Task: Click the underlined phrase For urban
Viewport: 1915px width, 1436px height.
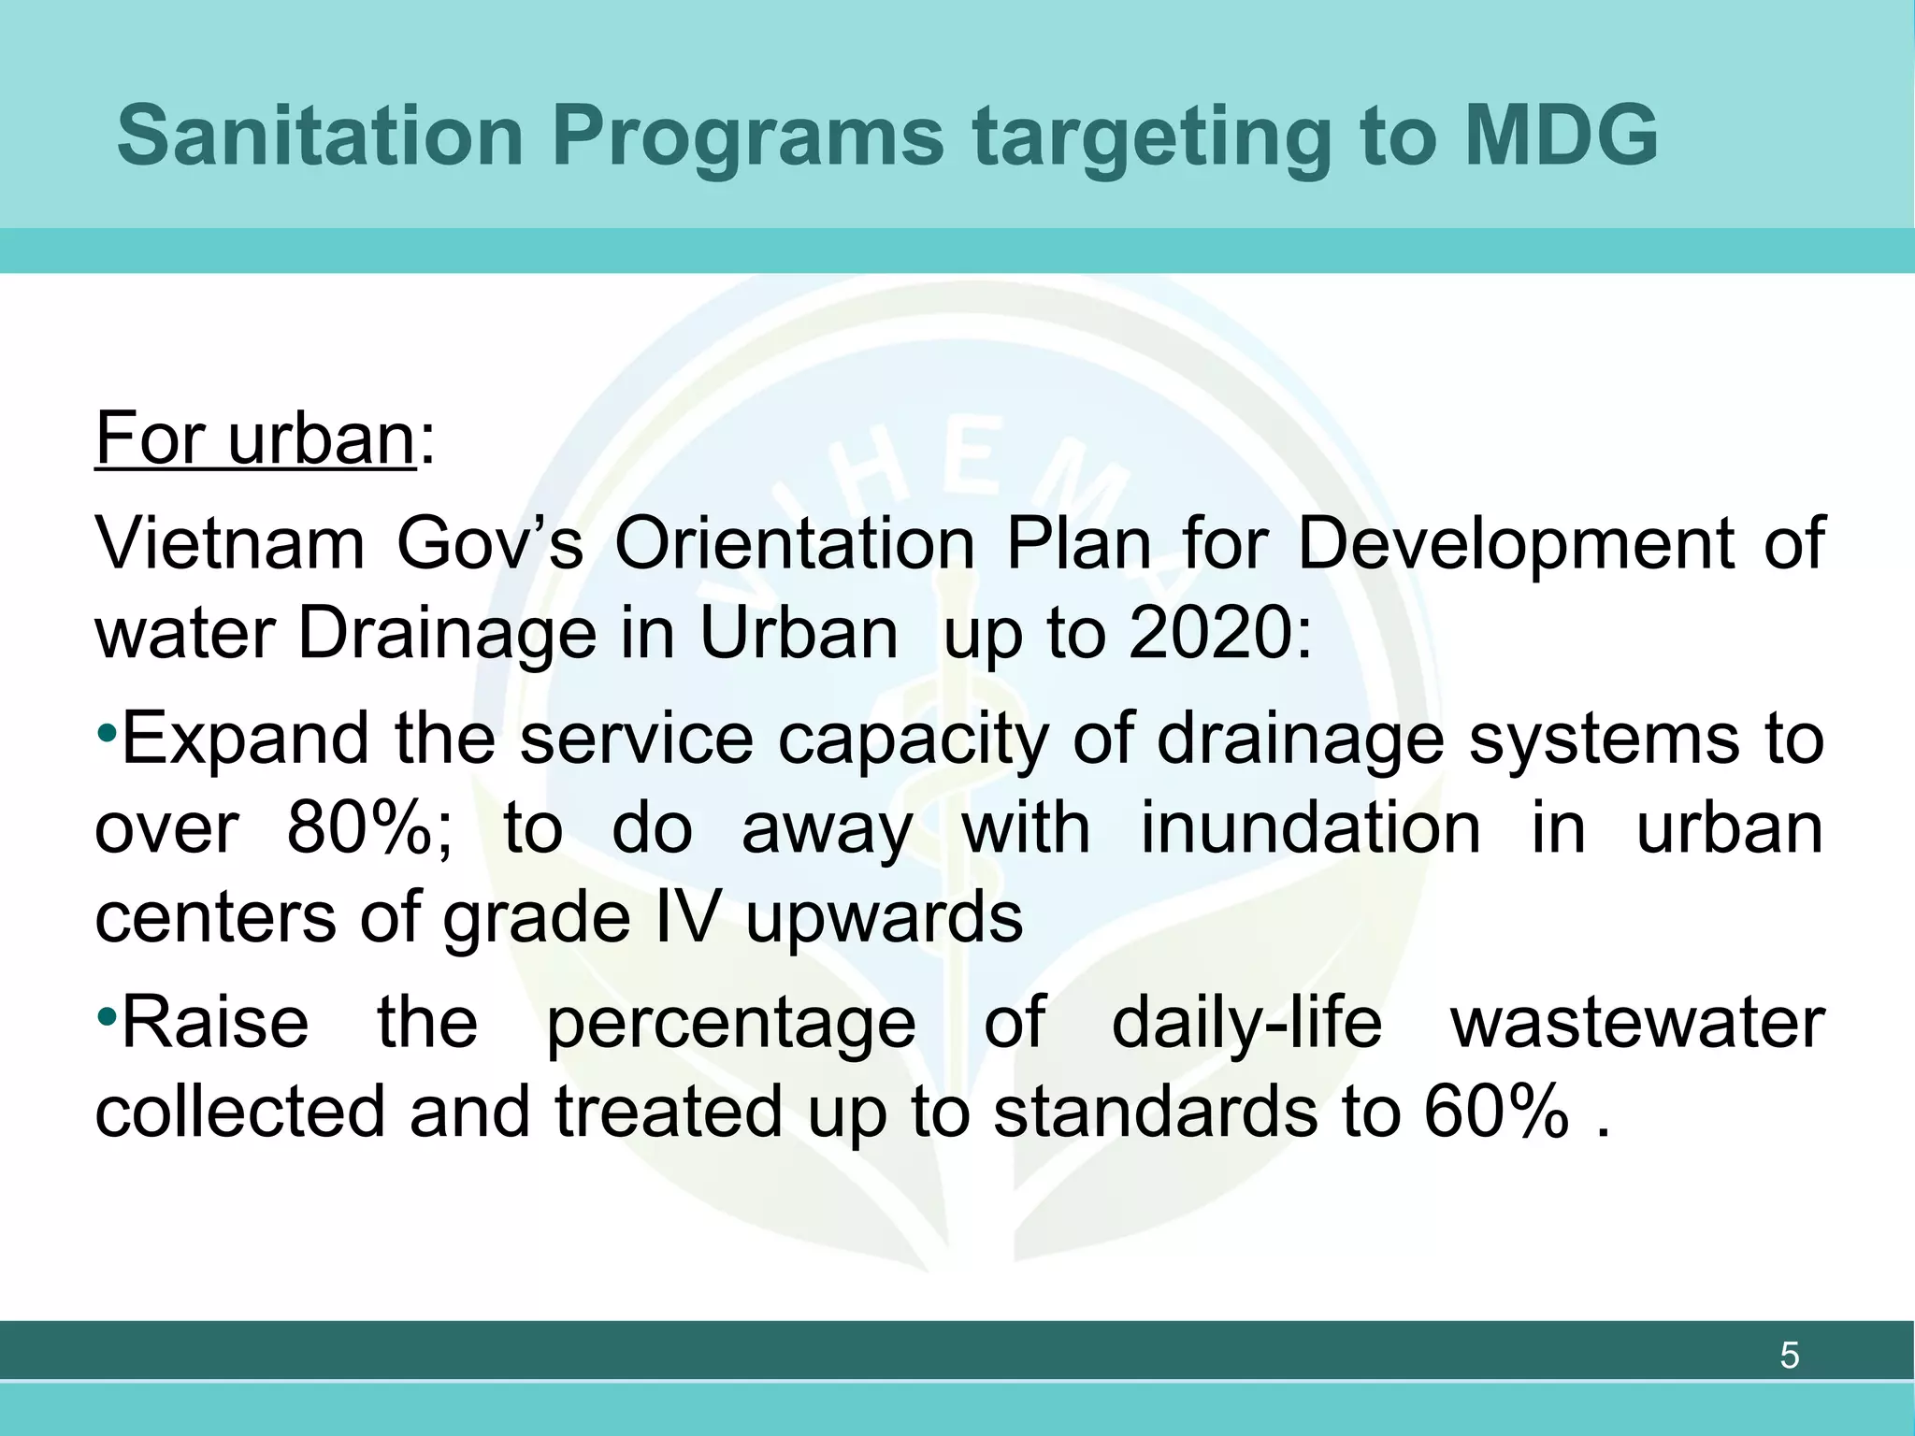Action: tap(254, 438)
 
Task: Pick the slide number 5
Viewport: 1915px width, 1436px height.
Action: tap(1789, 1355)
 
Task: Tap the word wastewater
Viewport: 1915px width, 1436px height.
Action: tap(1636, 1021)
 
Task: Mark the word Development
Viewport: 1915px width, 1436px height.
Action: tap(1516, 546)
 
